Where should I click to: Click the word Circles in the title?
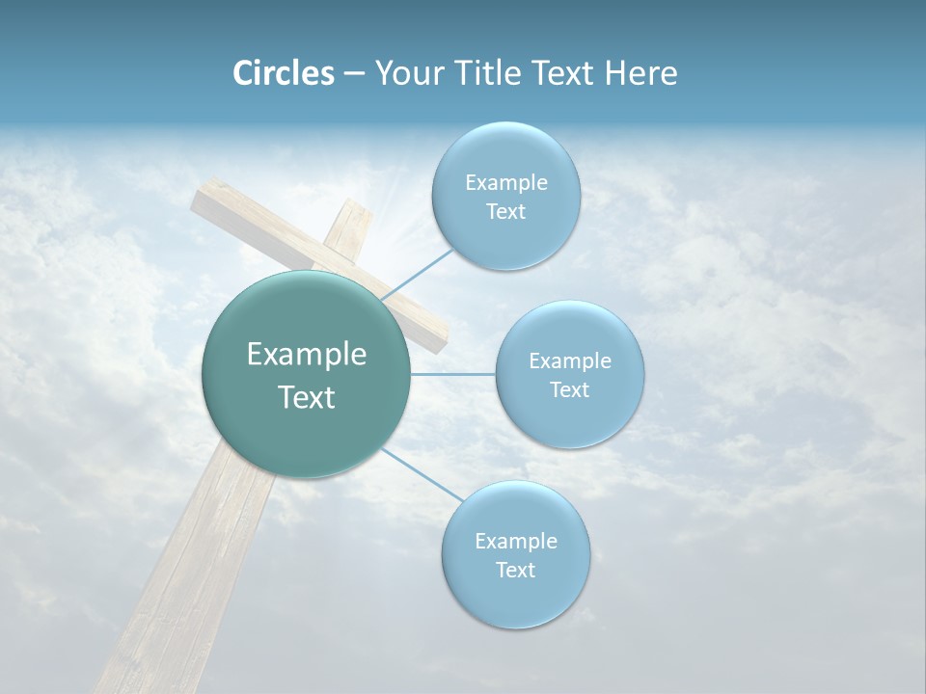[284, 73]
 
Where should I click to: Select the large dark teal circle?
[307, 374]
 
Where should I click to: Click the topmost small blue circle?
[505, 196]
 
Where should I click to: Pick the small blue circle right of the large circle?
[569, 374]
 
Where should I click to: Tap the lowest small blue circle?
[515, 554]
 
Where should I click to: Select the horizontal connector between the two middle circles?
[453, 374]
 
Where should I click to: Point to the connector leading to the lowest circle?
[421, 472]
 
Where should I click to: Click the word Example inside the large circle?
[307, 354]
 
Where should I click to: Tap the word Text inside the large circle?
[307, 397]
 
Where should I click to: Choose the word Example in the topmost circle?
[505, 182]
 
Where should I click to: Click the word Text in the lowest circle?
[515, 570]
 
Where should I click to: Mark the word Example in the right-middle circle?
[569, 360]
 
